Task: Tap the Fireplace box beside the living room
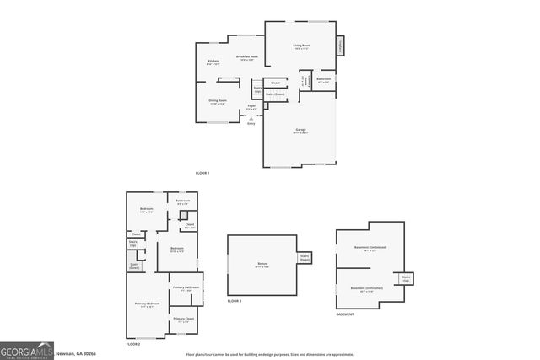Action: [341, 46]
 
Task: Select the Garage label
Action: [300, 131]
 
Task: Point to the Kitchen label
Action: [213, 62]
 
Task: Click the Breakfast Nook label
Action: [246, 57]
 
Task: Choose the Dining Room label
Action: [217, 101]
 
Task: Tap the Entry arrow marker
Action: [251, 119]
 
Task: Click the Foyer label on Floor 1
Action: [251, 107]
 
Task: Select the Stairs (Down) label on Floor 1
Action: [275, 94]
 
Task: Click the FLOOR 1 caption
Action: [202, 173]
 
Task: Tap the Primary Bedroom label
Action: [147, 304]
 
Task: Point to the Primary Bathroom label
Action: [186, 289]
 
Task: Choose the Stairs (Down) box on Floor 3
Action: [305, 258]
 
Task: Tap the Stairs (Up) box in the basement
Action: [405, 278]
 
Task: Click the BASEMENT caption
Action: [345, 314]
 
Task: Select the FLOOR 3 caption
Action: [235, 301]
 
